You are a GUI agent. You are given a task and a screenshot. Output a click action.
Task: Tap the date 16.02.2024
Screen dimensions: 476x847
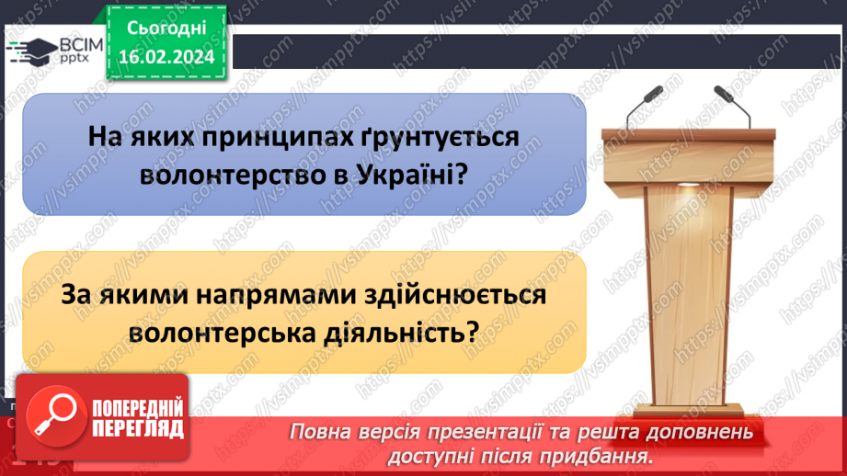point(166,55)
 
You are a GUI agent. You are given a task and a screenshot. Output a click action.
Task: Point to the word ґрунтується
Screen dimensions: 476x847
point(435,137)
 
